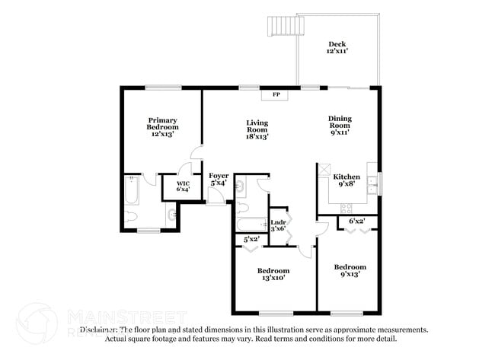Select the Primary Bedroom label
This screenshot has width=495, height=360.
coord(162,126)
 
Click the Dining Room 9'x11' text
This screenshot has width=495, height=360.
coord(339,125)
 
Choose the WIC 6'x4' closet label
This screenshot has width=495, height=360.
coord(183,186)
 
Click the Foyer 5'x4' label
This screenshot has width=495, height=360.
coord(219,179)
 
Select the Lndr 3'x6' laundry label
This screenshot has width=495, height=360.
coord(279,225)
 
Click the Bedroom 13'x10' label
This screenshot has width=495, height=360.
coord(272,275)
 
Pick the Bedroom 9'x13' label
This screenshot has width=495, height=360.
coord(350,271)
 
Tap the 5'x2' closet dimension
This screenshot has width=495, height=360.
coord(251,239)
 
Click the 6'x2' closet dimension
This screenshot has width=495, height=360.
coord(356,221)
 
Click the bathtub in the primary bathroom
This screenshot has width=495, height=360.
coord(132,191)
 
